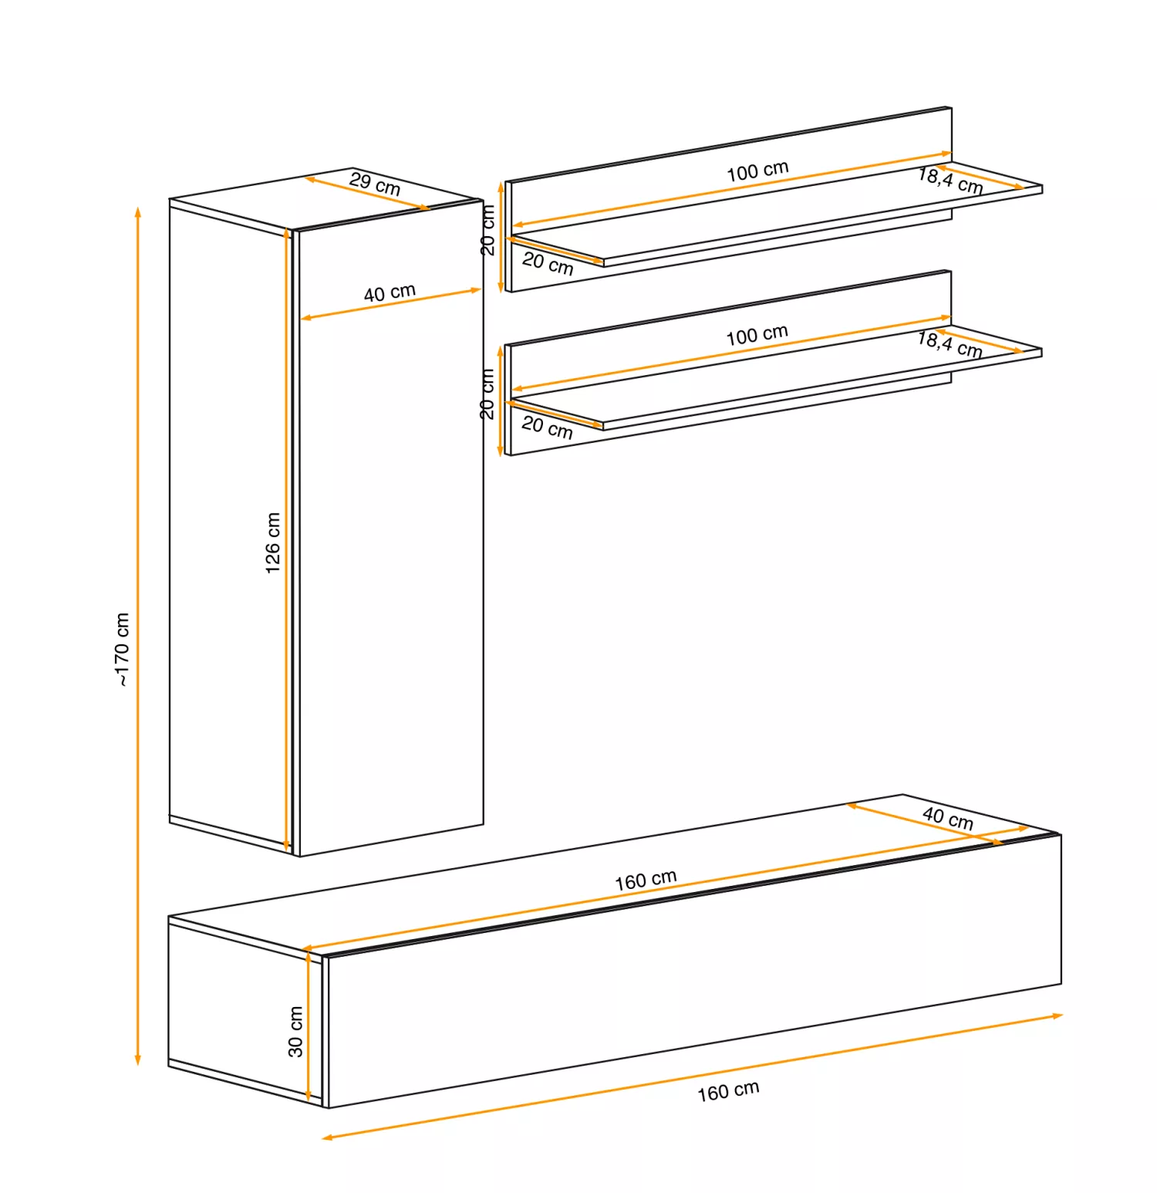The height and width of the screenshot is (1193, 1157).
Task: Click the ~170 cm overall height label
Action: point(122,649)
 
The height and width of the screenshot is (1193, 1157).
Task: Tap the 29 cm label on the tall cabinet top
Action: point(375,184)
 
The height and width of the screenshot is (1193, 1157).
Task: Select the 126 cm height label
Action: point(272,542)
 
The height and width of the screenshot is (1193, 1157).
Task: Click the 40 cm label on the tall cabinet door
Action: point(390,292)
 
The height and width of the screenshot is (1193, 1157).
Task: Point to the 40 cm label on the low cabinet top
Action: point(948,818)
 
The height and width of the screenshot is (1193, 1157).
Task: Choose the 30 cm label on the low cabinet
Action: point(295,1031)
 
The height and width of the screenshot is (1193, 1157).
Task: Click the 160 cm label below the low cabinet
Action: point(728,1090)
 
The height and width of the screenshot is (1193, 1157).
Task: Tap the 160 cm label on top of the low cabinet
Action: point(646,880)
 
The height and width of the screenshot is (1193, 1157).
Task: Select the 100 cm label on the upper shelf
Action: point(757,171)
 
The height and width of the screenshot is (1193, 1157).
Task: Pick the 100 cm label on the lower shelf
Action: point(757,335)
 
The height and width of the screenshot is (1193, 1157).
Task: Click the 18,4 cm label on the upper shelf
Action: point(950,181)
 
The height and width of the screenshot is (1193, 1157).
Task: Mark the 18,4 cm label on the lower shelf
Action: point(950,344)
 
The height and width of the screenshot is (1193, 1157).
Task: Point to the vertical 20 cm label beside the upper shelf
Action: point(487,230)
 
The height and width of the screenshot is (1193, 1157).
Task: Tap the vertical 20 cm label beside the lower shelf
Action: point(487,394)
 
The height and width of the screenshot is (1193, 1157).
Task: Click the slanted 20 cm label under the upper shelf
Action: point(548,263)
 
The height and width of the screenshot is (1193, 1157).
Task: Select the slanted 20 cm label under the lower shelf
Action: point(547,427)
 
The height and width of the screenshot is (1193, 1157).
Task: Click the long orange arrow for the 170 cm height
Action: point(138,636)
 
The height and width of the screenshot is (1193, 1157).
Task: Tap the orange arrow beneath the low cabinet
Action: point(693,1076)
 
